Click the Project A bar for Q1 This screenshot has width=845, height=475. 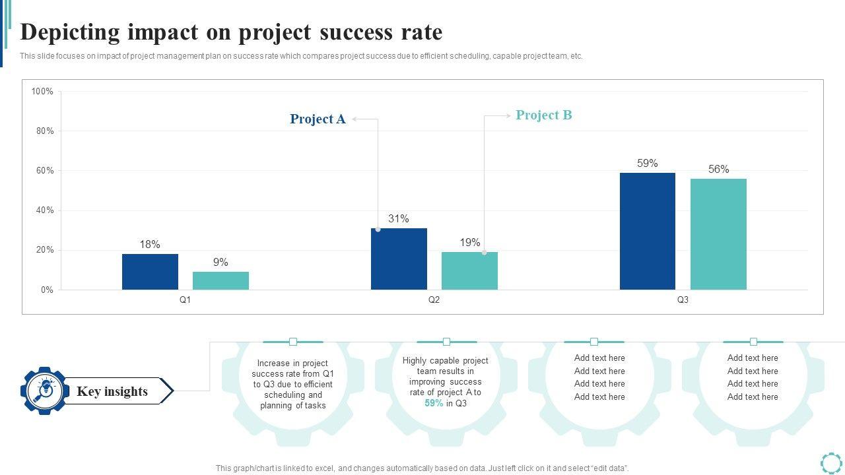(150, 272)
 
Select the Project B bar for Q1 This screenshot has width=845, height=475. (220, 281)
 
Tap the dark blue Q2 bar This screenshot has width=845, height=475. (399, 259)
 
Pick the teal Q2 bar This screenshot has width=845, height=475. (469, 271)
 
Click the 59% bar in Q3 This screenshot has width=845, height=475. (648, 232)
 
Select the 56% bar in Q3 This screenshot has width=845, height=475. (718, 234)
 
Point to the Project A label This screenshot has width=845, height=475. (318, 119)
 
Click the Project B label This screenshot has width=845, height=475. (543, 115)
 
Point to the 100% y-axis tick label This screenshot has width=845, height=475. (42, 92)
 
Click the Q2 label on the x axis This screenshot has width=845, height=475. (434, 300)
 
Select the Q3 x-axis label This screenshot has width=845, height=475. (683, 300)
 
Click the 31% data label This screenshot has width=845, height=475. (399, 219)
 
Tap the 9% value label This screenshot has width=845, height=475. (220, 263)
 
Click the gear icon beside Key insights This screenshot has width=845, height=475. (44, 391)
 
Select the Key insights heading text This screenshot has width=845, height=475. (112, 391)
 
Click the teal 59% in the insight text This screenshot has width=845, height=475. (434, 403)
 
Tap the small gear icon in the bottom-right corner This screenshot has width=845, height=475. (831, 462)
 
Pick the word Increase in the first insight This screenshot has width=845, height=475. (274, 364)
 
